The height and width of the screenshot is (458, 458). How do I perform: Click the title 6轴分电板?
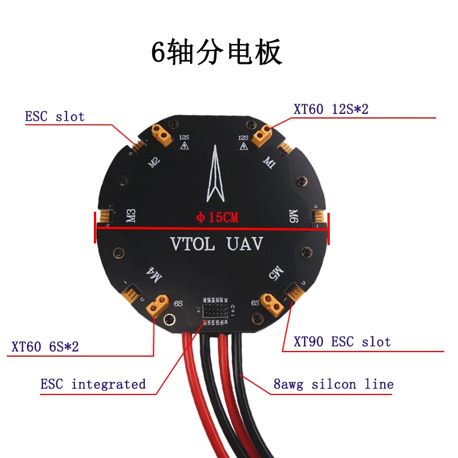click(x=216, y=53)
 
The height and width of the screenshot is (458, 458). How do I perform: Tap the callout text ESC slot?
click(x=54, y=117)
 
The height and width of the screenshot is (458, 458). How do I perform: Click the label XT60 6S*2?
click(x=45, y=347)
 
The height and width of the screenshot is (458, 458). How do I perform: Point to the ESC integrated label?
click(x=93, y=384)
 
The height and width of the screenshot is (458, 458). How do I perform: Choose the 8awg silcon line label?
click(x=333, y=384)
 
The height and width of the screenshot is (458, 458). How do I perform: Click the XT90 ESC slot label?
click(x=342, y=342)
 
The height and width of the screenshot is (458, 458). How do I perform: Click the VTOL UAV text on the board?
click(x=216, y=244)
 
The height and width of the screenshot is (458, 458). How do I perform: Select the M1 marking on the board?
click(x=269, y=162)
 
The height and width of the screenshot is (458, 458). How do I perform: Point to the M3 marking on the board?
click(x=131, y=216)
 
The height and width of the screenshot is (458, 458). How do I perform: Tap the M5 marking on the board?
click(x=276, y=271)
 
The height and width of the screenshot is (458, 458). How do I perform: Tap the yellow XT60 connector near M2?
click(x=161, y=135)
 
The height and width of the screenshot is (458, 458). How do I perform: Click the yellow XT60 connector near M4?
click(x=159, y=305)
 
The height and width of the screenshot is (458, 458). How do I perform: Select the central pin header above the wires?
click(x=216, y=310)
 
